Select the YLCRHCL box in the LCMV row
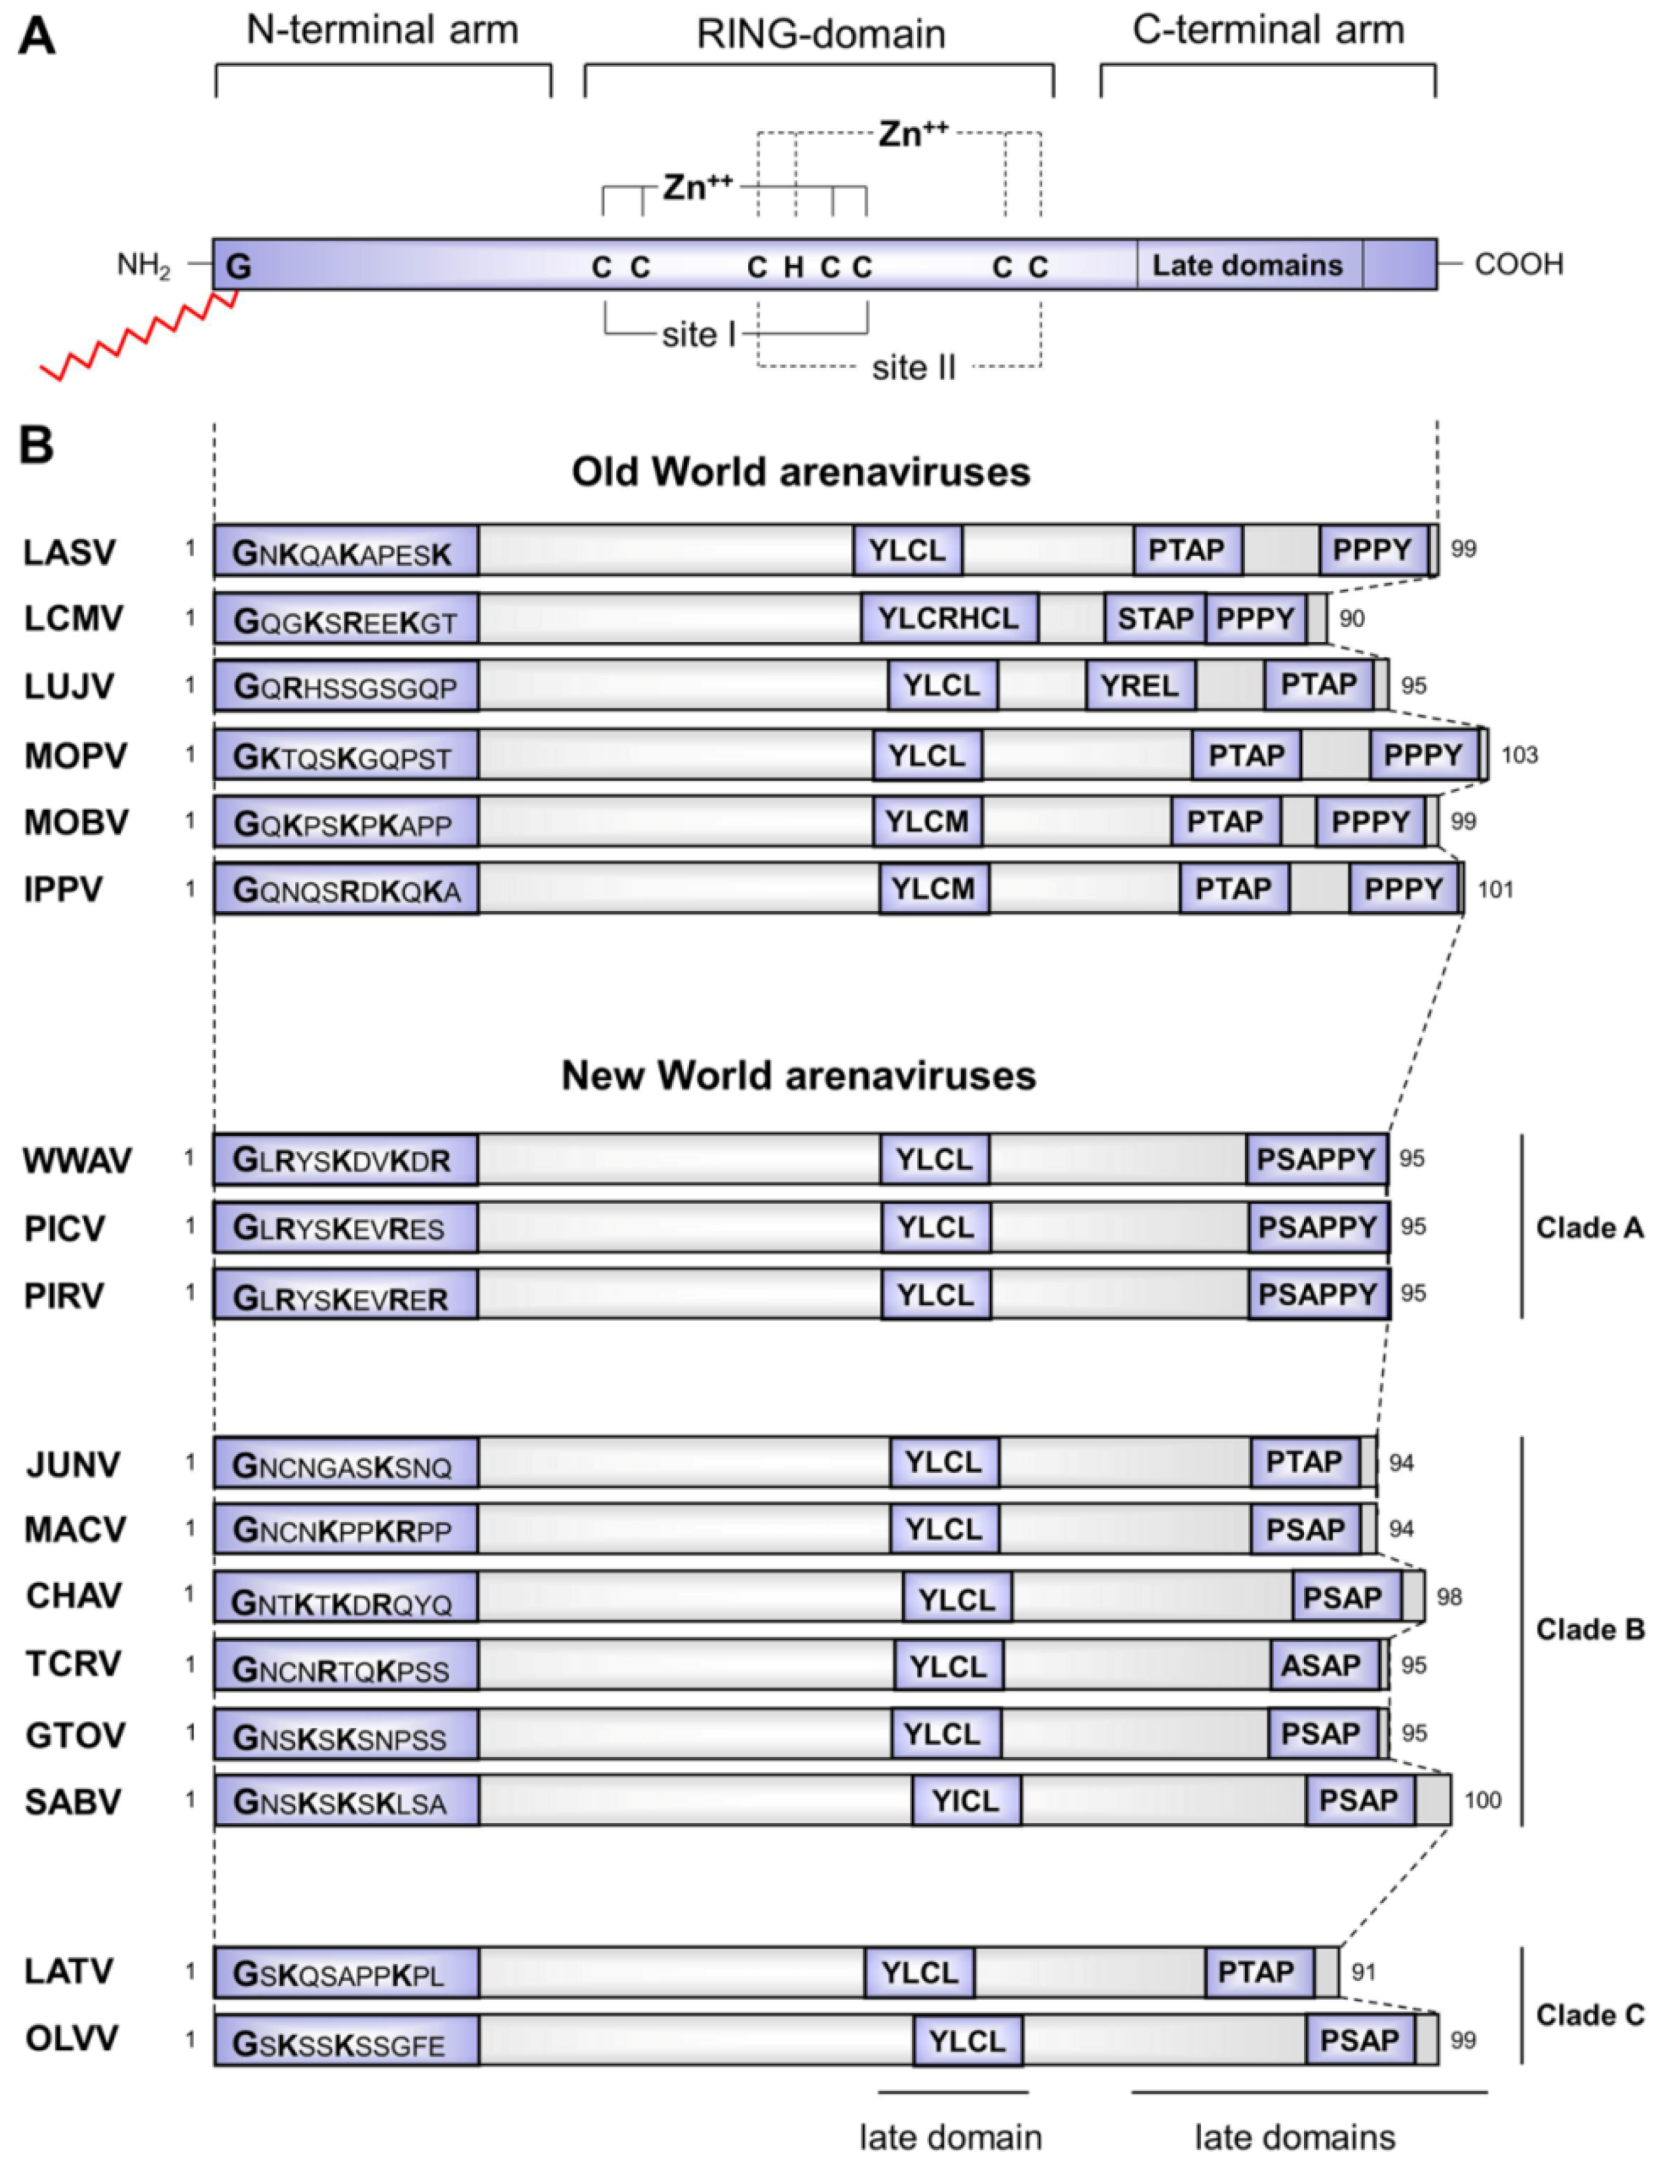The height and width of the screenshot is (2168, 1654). [948, 618]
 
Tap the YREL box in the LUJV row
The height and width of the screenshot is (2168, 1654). [1140, 685]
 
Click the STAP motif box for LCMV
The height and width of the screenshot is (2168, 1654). [1155, 618]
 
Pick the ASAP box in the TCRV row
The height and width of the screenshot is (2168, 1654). [1321, 1665]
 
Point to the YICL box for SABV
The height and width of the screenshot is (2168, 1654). [966, 1801]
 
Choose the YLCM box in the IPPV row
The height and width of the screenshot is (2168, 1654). [934, 889]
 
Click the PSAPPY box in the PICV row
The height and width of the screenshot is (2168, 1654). [1318, 1227]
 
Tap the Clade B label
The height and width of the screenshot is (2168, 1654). [1589, 1630]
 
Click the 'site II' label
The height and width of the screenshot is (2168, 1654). [913, 368]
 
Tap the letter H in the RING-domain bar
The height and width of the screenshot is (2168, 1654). [793, 267]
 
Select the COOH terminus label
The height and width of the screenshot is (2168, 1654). [1518, 264]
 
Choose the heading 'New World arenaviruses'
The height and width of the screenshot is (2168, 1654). [798, 1075]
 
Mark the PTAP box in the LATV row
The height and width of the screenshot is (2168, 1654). [1257, 1972]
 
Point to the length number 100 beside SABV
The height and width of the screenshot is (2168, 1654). [1482, 1801]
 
